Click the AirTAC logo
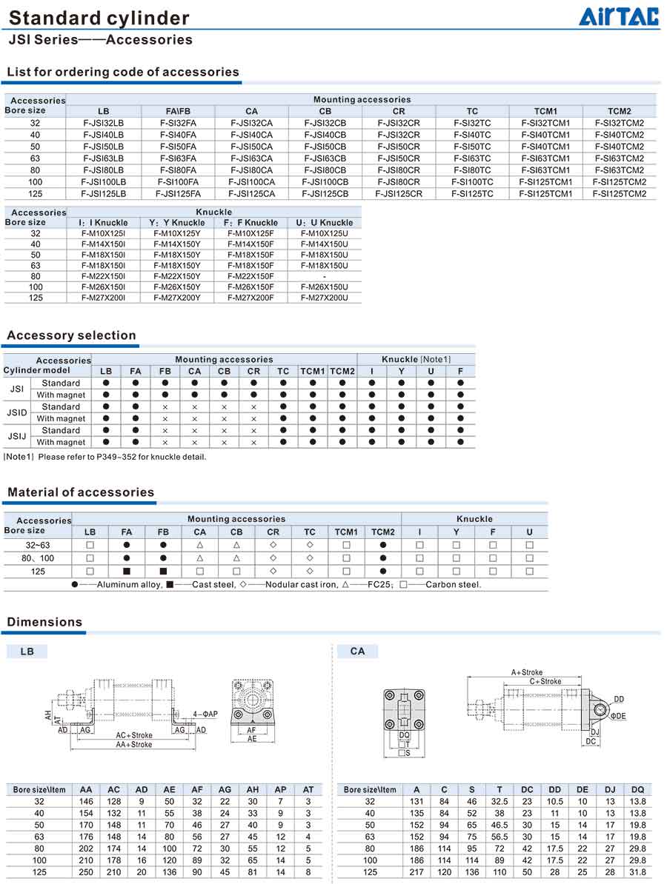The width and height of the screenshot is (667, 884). point(619,16)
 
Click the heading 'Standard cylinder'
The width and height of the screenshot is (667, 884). point(99,18)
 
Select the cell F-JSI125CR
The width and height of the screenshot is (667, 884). point(399,194)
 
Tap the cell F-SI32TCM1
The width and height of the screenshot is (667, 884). point(545,123)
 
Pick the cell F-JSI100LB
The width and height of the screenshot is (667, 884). point(103,182)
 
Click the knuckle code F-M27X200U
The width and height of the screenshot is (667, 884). point(324,298)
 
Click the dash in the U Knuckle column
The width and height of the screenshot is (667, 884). point(324,276)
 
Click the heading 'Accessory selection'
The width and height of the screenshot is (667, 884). point(71,335)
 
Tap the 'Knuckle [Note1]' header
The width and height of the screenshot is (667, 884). point(416,359)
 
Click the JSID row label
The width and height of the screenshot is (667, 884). point(16,412)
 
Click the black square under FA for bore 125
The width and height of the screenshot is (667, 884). point(127,572)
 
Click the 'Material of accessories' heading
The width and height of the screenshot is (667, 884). point(81,492)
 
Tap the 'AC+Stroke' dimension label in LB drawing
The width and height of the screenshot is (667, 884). point(134,736)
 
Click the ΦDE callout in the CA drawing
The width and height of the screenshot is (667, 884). point(618,716)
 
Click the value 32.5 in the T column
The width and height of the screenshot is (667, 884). point(500,801)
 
